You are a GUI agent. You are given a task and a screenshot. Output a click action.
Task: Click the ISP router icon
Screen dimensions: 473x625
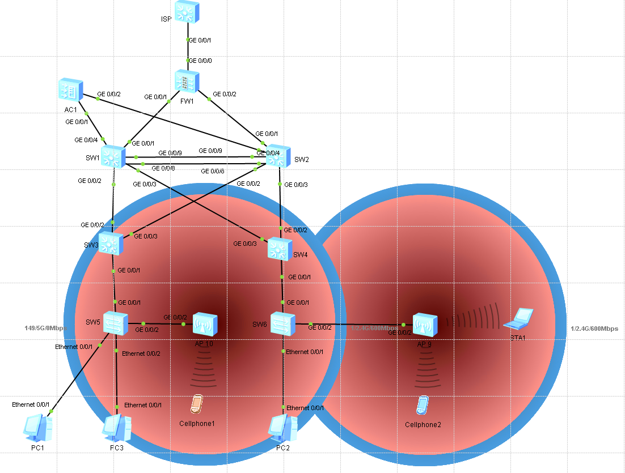tap(187, 12)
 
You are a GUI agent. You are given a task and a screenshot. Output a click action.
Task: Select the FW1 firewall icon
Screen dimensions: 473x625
tap(187, 82)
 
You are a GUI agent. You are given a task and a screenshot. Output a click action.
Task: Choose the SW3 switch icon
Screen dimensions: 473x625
tap(110, 242)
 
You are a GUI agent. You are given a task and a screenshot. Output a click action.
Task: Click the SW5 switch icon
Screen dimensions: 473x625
tap(116, 323)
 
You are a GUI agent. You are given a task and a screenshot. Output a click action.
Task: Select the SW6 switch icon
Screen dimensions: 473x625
tap(282, 323)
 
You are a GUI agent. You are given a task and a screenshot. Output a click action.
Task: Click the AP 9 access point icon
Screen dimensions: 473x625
tap(425, 325)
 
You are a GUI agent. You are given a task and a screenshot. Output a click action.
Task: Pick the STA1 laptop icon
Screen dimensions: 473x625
tap(518, 319)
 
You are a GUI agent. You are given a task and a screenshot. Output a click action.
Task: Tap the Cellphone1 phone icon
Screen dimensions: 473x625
tap(196, 404)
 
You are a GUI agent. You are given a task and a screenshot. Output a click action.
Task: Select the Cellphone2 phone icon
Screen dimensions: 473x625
tap(422, 405)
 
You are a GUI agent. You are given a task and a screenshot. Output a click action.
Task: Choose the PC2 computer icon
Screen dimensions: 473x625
tap(284, 428)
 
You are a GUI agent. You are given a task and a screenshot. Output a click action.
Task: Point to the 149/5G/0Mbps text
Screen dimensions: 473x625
tap(46, 328)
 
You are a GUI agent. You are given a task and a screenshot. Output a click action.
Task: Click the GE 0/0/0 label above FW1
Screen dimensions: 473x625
tap(200, 61)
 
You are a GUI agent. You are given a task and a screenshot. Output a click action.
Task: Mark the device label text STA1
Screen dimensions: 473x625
tap(518, 338)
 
